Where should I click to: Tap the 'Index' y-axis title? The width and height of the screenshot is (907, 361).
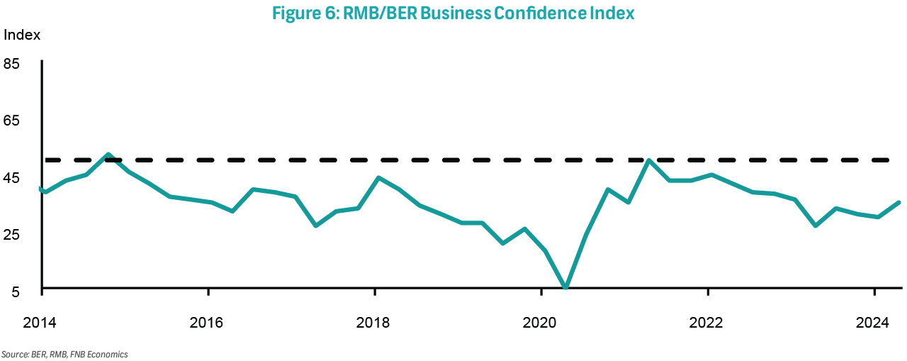(23, 35)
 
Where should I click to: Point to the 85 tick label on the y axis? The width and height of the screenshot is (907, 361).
(12, 64)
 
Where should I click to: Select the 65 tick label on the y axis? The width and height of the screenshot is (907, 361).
(12, 121)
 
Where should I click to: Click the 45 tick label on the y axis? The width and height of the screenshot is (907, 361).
(12, 177)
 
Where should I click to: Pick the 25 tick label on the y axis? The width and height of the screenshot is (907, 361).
(12, 235)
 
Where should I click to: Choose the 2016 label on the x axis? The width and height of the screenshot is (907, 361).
(207, 323)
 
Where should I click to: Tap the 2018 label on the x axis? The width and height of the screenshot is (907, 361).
(373, 323)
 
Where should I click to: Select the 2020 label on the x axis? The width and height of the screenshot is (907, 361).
(540, 323)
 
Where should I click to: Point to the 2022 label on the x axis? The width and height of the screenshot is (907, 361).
(706, 323)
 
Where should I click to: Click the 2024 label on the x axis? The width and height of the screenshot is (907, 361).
(873, 323)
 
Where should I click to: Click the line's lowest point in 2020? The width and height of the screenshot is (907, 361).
(565, 287)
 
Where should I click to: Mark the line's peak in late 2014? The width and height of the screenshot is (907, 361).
(107, 155)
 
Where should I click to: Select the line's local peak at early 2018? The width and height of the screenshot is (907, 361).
(378, 177)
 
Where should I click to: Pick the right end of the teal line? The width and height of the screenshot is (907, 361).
(899, 203)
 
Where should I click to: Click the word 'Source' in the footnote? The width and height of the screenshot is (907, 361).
(15, 353)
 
